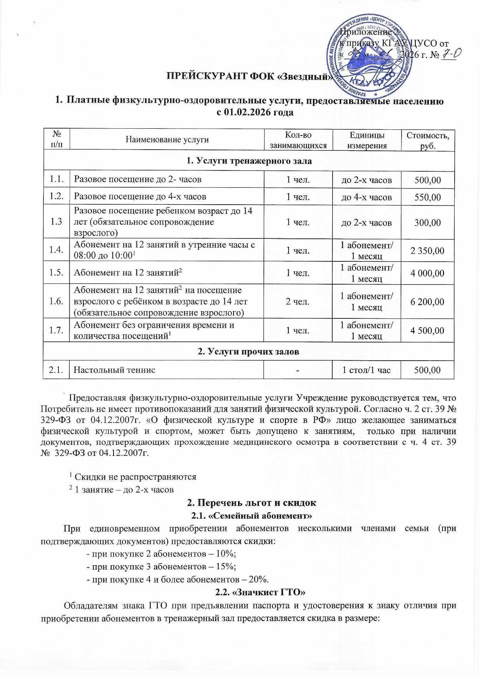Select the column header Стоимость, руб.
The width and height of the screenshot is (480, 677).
(x=428, y=140)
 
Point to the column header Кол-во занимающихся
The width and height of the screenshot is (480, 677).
(x=298, y=140)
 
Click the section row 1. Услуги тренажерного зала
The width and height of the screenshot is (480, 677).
(x=249, y=161)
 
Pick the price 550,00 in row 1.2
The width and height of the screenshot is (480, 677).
(x=428, y=197)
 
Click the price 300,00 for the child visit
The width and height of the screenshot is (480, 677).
(x=428, y=222)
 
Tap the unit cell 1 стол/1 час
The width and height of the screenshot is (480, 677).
(x=366, y=370)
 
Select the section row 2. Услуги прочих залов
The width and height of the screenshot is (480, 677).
(x=249, y=352)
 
